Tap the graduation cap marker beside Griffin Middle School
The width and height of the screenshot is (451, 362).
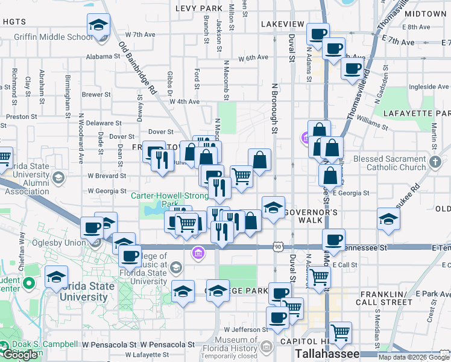point(98,25)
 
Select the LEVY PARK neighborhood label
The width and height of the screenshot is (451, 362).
point(199,8)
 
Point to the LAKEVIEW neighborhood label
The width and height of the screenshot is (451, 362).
point(283,24)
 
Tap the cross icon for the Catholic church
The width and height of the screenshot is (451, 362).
point(436,162)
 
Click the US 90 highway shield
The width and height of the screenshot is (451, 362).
point(277,247)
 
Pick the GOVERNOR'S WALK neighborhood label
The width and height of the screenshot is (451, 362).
point(311,213)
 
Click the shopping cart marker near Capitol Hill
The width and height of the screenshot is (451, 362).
point(341,331)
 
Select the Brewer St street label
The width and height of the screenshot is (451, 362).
point(96,94)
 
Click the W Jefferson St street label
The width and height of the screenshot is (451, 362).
point(246,329)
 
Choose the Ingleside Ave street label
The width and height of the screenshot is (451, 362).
point(429,87)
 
